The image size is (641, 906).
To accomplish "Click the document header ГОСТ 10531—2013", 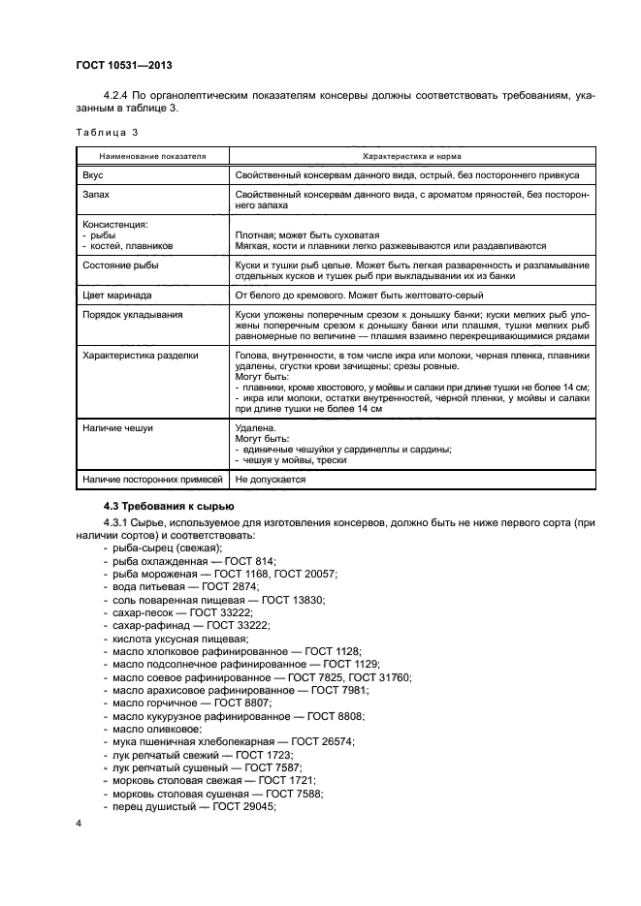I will (x=117, y=64).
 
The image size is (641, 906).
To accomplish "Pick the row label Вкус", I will (x=94, y=175).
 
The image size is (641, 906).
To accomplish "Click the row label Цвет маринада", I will (x=122, y=296).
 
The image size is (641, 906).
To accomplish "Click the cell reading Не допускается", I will (x=271, y=479).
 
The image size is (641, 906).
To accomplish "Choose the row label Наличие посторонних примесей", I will (x=153, y=479).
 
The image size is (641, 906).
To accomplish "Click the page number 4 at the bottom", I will (x=79, y=825).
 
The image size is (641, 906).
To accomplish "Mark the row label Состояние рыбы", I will (x=122, y=264).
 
